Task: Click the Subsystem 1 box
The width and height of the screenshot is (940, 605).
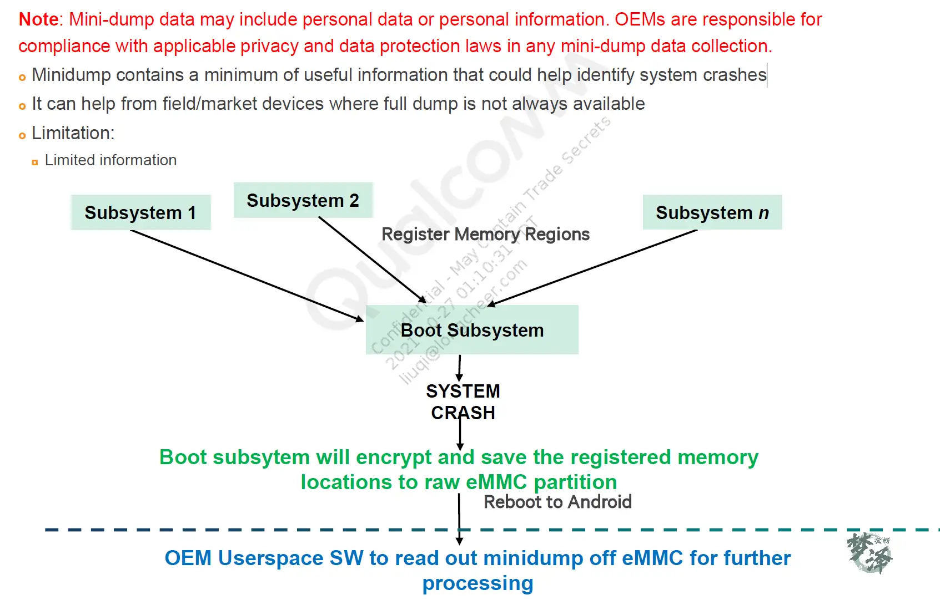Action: [x=140, y=212]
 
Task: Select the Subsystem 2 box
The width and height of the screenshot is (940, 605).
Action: [x=303, y=200]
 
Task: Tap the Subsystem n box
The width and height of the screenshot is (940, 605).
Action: [x=712, y=212]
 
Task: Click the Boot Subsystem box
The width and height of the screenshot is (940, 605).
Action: [x=472, y=330]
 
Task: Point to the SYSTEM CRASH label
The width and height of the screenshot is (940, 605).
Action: [x=463, y=402]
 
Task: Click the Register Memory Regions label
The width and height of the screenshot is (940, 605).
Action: [x=485, y=234]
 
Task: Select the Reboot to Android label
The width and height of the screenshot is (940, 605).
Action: [x=557, y=502]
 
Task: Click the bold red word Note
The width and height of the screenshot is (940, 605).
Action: [x=38, y=19]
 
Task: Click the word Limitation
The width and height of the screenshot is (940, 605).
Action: [x=73, y=133]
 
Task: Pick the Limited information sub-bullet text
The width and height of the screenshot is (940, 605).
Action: [x=110, y=160]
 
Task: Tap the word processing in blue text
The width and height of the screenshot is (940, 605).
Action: [x=477, y=583]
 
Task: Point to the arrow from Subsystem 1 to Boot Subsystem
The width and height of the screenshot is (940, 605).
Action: [x=247, y=276]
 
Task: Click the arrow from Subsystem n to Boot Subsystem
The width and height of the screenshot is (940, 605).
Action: [x=591, y=268]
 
